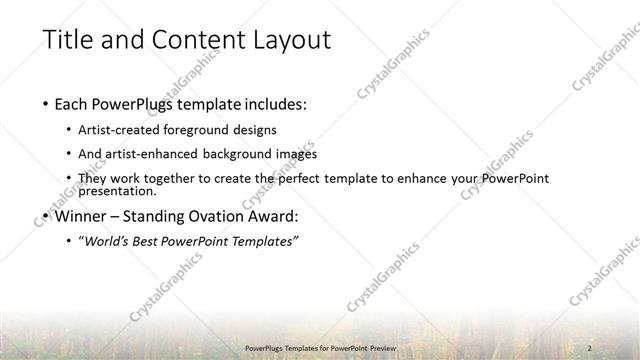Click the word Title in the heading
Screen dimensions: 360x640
tap(68, 40)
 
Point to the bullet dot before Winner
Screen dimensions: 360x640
tap(46, 215)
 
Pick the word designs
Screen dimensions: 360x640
tap(255, 130)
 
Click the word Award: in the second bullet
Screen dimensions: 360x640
tap(277, 215)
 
